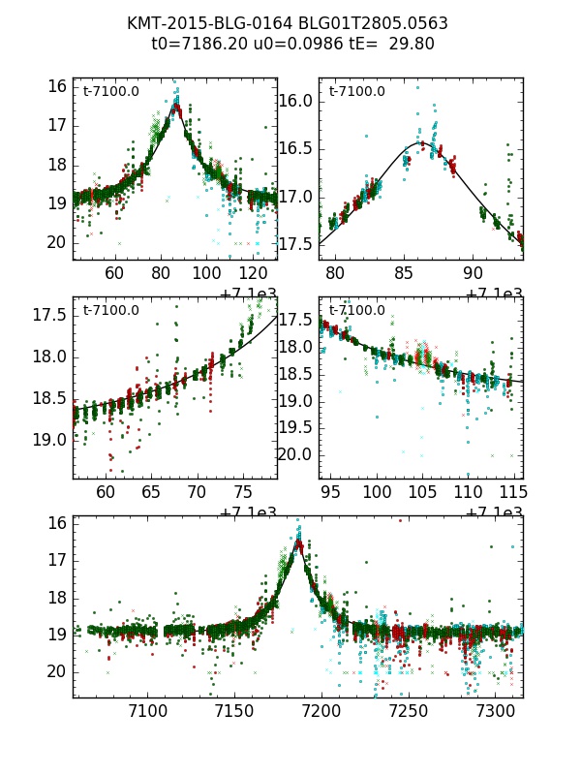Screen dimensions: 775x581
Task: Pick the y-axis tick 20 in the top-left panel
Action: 58,242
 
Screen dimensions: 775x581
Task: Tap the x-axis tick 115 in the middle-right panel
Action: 513,492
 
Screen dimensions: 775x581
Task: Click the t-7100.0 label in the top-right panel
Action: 357,92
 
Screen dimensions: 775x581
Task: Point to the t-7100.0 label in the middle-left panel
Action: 111,311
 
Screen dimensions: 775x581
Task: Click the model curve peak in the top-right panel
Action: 419,142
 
